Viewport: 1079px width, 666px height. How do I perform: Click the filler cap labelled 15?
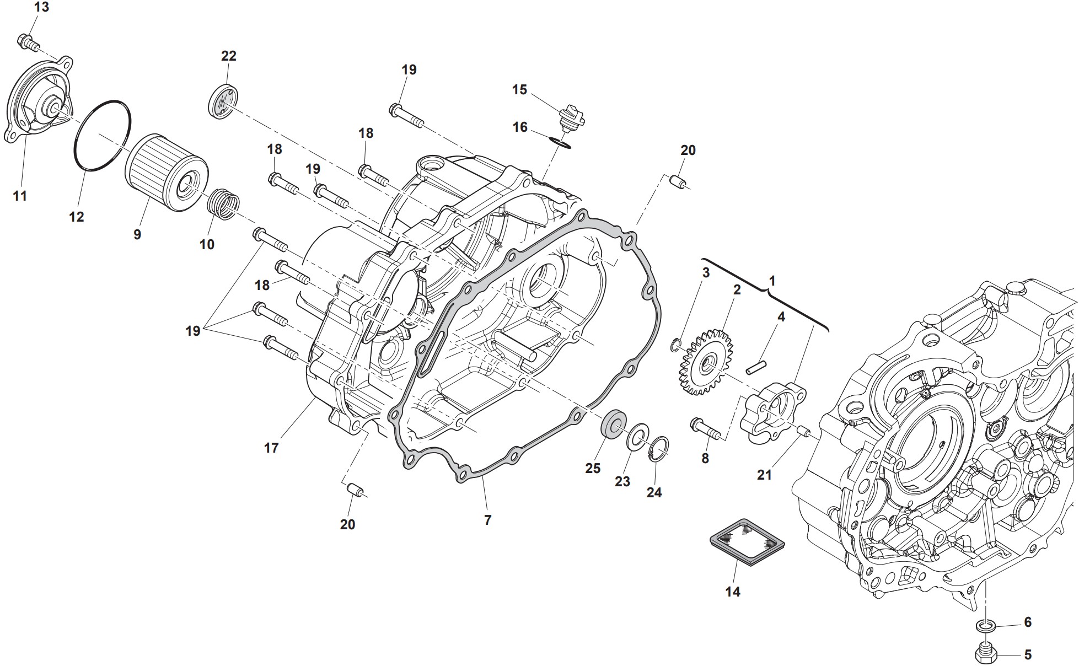click(x=571, y=117)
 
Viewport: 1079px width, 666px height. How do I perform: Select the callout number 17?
click(x=271, y=448)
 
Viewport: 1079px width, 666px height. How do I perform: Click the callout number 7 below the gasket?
click(x=487, y=520)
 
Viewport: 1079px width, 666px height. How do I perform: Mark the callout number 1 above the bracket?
click(x=772, y=281)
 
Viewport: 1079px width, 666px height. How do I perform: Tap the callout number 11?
click(x=20, y=196)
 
